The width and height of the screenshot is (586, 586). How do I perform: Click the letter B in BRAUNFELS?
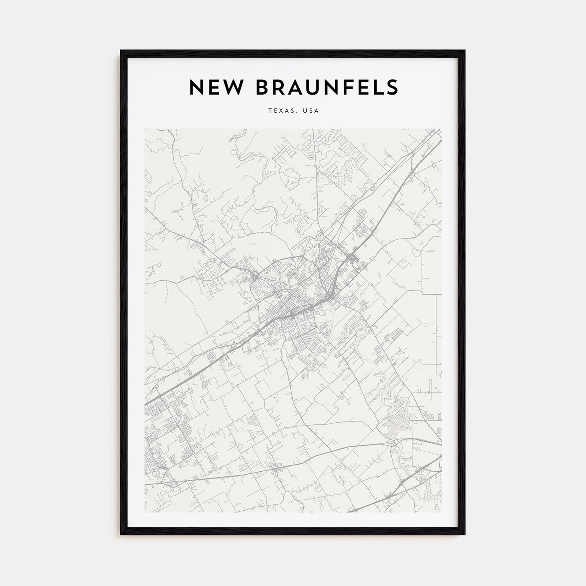pos(256,87)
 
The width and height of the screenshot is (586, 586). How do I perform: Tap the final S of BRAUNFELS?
pos(391,87)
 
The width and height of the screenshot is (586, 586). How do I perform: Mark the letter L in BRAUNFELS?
pos(377,87)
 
